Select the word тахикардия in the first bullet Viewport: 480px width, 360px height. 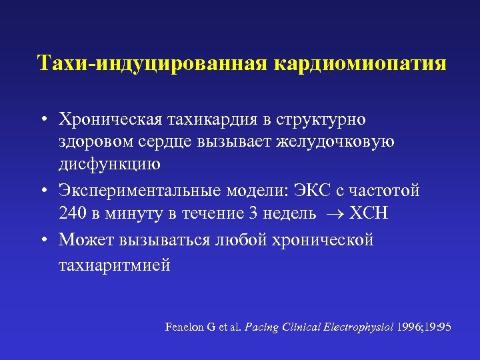(199, 119)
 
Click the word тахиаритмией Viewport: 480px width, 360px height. (115, 265)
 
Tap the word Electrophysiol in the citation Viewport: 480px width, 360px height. (359, 327)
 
